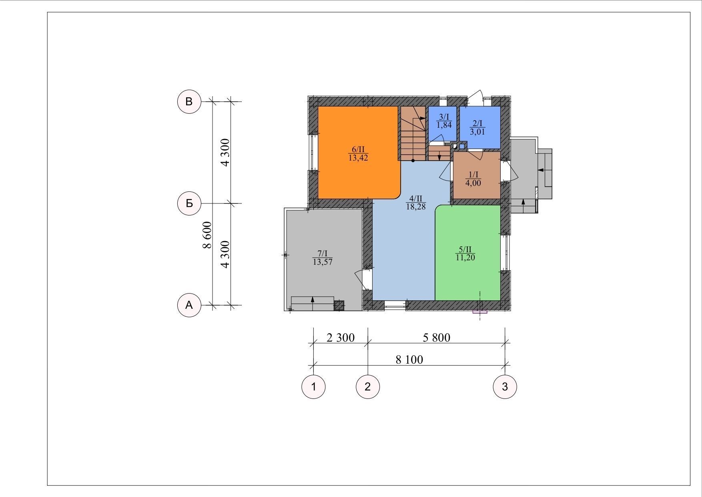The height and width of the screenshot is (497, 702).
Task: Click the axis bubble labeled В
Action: pyautogui.click(x=189, y=102)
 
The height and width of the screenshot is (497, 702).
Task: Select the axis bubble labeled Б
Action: pyautogui.click(x=189, y=203)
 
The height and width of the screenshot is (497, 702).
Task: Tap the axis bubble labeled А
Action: pyautogui.click(x=189, y=305)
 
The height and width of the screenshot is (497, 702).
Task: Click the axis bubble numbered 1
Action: pyautogui.click(x=313, y=387)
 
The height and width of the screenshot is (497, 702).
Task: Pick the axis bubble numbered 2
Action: pyautogui.click(x=368, y=387)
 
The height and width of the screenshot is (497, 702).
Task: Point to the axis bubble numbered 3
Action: pyautogui.click(x=505, y=387)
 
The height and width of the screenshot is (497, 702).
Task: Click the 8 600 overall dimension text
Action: pyautogui.click(x=207, y=235)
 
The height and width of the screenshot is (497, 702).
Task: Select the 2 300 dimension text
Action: pyautogui.click(x=341, y=338)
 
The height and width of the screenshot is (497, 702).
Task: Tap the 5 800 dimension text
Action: pyautogui.click(x=437, y=338)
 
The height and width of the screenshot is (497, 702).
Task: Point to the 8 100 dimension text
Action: pyautogui.click(x=409, y=360)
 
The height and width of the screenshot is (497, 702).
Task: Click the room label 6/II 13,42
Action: pyautogui.click(x=358, y=154)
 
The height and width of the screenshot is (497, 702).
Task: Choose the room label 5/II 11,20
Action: pyautogui.click(x=465, y=254)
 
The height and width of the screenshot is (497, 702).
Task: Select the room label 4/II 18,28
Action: pyautogui.click(x=416, y=203)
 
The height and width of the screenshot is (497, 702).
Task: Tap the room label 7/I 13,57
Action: pyautogui.click(x=323, y=258)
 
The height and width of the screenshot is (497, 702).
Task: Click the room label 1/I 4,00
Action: pyautogui.click(x=473, y=179)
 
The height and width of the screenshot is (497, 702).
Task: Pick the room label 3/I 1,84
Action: pyautogui.click(x=444, y=121)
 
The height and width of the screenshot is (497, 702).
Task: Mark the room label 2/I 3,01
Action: pyautogui.click(x=477, y=127)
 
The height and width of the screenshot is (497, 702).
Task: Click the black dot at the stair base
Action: pyautogui.click(x=413, y=161)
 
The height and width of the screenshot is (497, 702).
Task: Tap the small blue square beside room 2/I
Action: pyautogui.click(x=462, y=146)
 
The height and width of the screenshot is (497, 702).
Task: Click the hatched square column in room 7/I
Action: pyautogui.click(x=339, y=306)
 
